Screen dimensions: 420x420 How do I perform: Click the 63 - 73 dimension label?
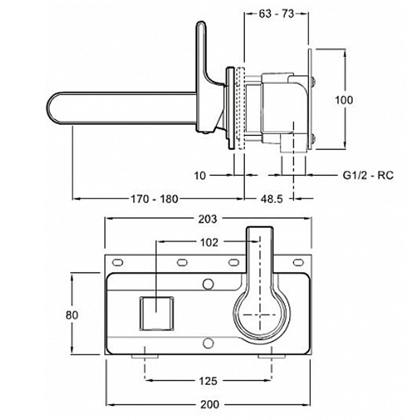point(277,14)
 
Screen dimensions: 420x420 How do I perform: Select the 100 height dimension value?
point(344,100)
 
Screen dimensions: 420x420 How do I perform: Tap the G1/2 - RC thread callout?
point(369,175)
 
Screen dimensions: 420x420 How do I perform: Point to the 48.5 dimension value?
point(271,199)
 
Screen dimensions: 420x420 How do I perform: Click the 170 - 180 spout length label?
point(154,199)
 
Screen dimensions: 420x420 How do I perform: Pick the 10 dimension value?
point(200,176)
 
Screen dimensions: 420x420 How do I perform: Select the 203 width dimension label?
point(207,219)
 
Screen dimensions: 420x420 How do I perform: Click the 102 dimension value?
point(209,243)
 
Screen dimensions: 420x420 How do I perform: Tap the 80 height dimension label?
point(72,315)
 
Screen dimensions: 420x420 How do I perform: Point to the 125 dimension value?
point(208,381)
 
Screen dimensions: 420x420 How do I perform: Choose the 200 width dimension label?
point(209,404)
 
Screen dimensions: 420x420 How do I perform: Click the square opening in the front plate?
point(156,313)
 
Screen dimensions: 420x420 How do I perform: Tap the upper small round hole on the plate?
point(208,284)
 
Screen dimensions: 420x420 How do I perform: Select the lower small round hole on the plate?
point(208,343)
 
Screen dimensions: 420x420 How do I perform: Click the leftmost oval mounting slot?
point(117,262)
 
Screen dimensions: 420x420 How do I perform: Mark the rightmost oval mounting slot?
point(298,262)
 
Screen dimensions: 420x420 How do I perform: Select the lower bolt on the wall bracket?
point(313,138)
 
